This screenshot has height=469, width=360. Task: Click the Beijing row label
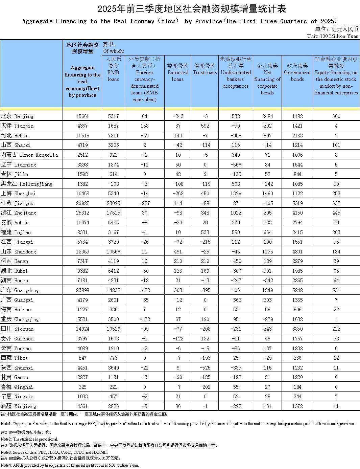(x=17, y=116)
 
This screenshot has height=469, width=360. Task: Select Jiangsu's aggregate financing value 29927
(x=82, y=203)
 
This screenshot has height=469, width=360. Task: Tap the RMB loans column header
(x=113, y=69)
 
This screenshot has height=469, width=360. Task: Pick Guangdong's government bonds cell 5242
(x=297, y=290)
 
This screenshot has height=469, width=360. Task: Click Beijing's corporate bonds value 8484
(x=267, y=116)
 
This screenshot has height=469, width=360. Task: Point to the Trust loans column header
(x=205, y=69)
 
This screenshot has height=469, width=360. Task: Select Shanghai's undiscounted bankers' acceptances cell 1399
(x=236, y=194)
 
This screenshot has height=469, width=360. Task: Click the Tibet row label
(x=14, y=358)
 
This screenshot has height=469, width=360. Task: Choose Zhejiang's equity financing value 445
(x=336, y=213)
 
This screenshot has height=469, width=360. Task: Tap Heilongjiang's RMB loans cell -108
(x=113, y=184)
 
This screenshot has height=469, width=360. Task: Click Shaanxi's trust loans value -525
(x=205, y=367)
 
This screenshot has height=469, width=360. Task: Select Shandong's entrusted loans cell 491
(x=178, y=251)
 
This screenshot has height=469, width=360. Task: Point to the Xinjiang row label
(x=18, y=406)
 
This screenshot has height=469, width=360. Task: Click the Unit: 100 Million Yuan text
(x=333, y=36)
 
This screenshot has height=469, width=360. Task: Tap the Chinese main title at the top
(x=180, y=8)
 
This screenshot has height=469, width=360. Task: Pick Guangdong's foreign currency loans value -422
(x=144, y=290)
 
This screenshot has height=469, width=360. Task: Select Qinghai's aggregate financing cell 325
(x=82, y=387)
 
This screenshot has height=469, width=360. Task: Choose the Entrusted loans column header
(x=178, y=72)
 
